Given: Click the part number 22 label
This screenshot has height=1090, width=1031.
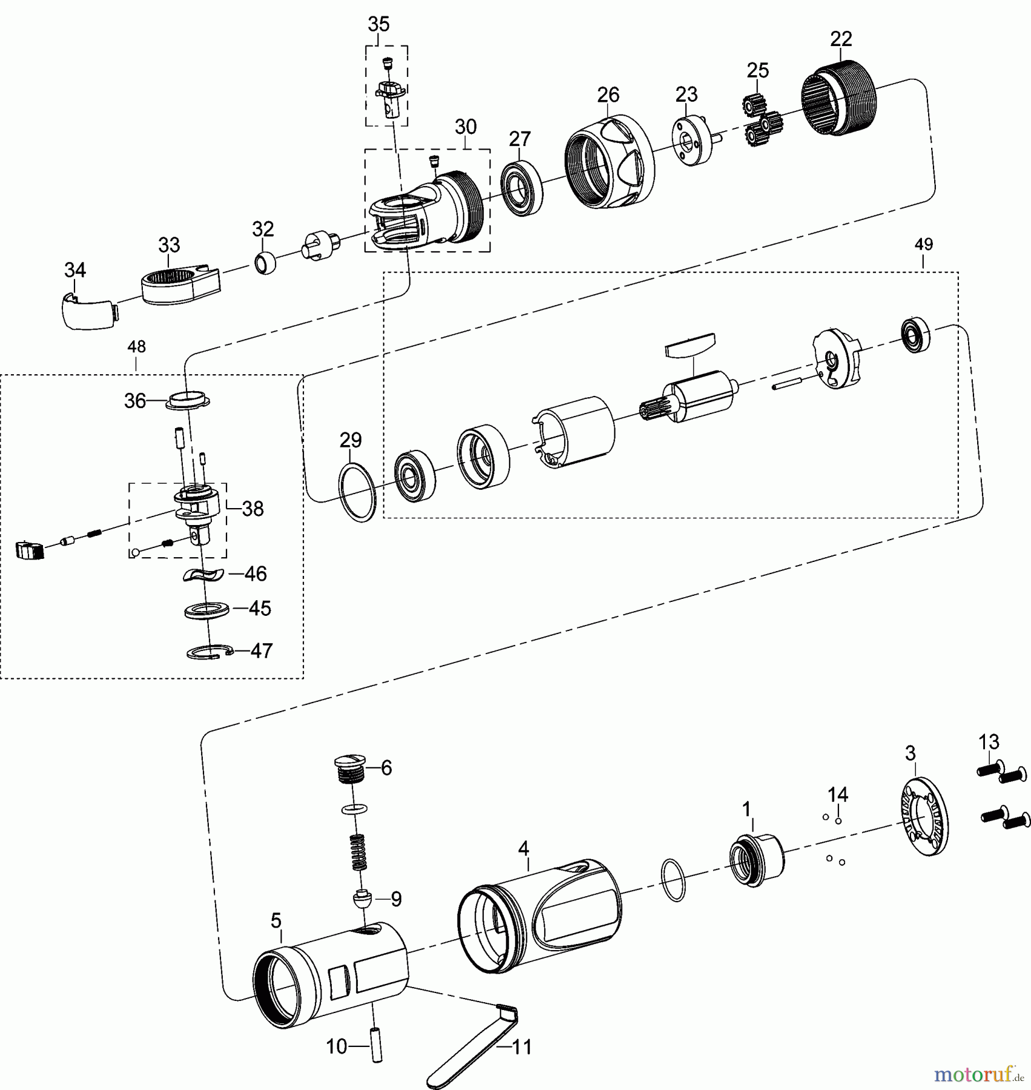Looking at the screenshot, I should [x=841, y=39].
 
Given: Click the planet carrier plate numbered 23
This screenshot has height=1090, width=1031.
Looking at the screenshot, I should [x=690, y=140].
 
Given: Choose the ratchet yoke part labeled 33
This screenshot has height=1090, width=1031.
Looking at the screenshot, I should [x=180, y=282].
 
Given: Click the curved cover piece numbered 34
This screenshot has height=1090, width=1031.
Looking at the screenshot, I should [x=88, y=311].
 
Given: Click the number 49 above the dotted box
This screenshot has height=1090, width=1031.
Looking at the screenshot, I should [x=923, y=245].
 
